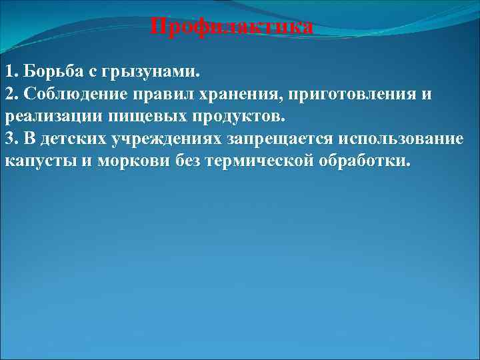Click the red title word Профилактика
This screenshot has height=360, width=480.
pyautogui.click(x=231, y=27)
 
